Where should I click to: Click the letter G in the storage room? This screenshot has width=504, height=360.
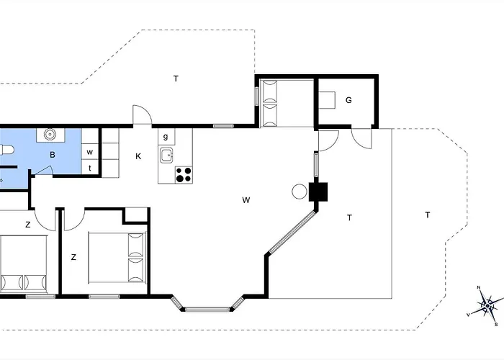coord(348,100)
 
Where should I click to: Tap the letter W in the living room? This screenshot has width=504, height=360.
coord(246,200)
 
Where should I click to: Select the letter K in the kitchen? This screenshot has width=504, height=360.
coord(138,156)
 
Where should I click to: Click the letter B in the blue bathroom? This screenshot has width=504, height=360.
coord(53,155)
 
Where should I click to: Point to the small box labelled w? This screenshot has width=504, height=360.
coord(90,152)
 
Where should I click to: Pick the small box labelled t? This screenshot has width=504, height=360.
coord(90,168)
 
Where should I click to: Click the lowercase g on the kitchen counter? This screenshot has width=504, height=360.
coord(166,137)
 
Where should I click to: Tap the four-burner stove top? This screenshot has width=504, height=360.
coord(184,175)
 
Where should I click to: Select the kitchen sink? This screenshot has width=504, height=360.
coord(166,156)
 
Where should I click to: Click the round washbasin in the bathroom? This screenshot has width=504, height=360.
coord(50,135)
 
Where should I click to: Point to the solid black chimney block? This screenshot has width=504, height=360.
coord(318,192)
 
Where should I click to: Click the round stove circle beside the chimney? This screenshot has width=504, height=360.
coord(300,192)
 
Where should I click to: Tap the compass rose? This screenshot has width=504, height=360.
coord(487,306)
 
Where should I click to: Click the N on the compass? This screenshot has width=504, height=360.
coord(478,288)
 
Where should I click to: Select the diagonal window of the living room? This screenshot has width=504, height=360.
coord(291,231)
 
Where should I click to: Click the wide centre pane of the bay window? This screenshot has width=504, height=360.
coord(207,310)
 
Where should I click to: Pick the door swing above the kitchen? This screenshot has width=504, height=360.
coord(142,114)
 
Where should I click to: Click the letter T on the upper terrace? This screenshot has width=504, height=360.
coord(176,78)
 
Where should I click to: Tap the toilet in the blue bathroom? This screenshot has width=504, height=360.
coord(6,150)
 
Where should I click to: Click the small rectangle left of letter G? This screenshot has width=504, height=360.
coord(327,100)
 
